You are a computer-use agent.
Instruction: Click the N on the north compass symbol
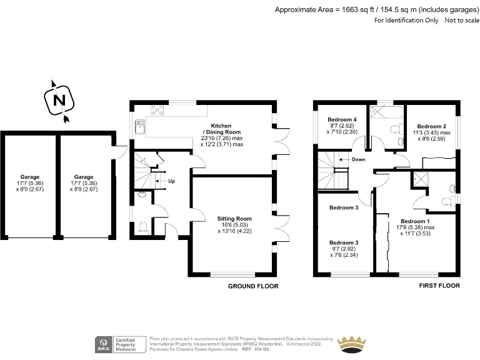[x=59, y=100]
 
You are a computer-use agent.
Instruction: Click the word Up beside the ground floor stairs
[x=171, y=181]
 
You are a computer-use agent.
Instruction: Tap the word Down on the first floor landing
[x=358, y=159]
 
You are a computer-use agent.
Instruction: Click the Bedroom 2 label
[x=431, y=126]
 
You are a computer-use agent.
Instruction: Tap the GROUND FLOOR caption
[x=252, y=286]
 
